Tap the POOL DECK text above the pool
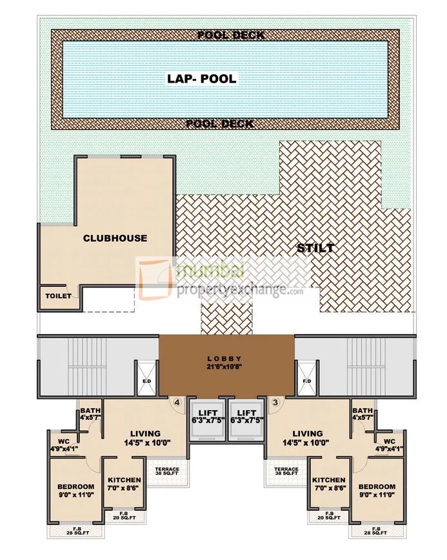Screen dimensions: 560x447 coord(230,35)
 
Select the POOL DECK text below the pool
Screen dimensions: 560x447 coord(219,123)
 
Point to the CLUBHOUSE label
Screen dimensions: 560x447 coord(115,238)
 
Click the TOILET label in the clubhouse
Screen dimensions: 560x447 coord(57,296)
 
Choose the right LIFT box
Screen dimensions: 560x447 coord(246,416)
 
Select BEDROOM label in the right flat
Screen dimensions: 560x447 coord(376,486)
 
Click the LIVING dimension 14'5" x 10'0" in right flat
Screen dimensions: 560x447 coord(307,444)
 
